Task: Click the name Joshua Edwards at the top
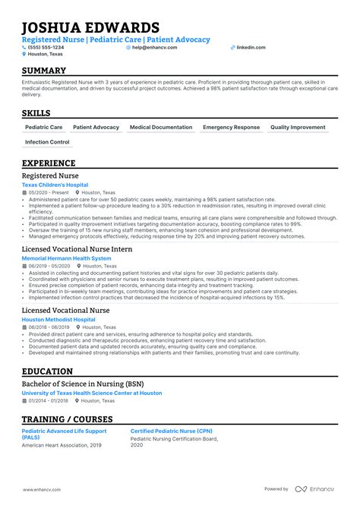pyautogui.click(x=90, y=27)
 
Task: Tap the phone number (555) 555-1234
pyautogui.click(x=45, y=47)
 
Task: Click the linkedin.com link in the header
pyautogui.click(x=251, y=47)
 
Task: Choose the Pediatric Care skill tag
pyautogui.click(x=44, y=128)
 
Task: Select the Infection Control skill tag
pyautogui.click(x=47, y=142)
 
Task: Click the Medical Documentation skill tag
pyautogui.click(x=160, y=128)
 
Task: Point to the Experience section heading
pyautogui.click(x=49, y=163)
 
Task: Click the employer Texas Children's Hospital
pyautogui.click(x=55, y=185)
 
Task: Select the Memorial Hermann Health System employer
pyautogui.click(x=66, y=258)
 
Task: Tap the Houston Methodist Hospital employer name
pyautogui.click(x=59, y=320)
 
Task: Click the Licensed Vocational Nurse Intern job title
pyautogui.click(x=77, y=249)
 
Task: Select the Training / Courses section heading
pyautogui.click(x=67, y=419)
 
